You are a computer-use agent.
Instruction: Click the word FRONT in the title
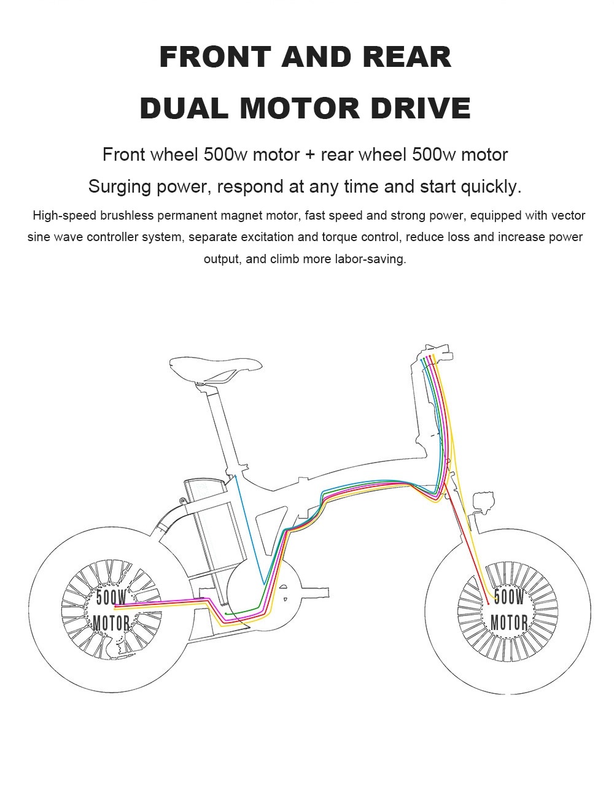216,57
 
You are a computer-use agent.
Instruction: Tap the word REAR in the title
407,57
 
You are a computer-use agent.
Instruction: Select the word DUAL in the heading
184,108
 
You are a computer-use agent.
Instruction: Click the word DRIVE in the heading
421,108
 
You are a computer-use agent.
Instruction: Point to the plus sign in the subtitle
310,155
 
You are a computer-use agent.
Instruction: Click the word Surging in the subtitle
119,187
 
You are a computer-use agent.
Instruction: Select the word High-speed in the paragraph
64,216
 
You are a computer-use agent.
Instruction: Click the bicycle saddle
216,370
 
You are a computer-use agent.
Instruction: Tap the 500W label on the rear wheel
111,598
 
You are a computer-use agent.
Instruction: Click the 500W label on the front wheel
509,597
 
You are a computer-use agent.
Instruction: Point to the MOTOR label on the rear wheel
111,623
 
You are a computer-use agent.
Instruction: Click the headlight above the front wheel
484,502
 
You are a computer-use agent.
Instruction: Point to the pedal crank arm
314,593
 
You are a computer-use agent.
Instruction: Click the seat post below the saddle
222,425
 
